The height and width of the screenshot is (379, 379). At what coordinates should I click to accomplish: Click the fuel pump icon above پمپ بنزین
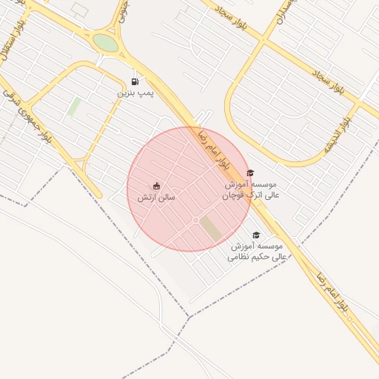coord(135,81)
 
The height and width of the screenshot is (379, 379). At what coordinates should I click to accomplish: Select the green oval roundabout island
coord(106,43)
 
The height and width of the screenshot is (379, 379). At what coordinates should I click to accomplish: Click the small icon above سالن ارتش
coord(156,186)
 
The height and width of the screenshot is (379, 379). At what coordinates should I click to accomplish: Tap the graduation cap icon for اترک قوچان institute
coord(249,172)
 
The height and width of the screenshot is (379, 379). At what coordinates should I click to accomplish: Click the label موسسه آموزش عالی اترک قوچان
coord(251,189)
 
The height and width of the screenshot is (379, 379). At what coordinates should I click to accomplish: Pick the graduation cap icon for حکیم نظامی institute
coord(256,235)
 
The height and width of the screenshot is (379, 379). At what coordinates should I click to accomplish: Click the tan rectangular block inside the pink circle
coord(212,229)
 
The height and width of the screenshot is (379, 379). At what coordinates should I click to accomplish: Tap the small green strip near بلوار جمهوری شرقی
coord(74,107)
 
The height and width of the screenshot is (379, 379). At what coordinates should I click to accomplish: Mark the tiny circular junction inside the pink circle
coord(195,221)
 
